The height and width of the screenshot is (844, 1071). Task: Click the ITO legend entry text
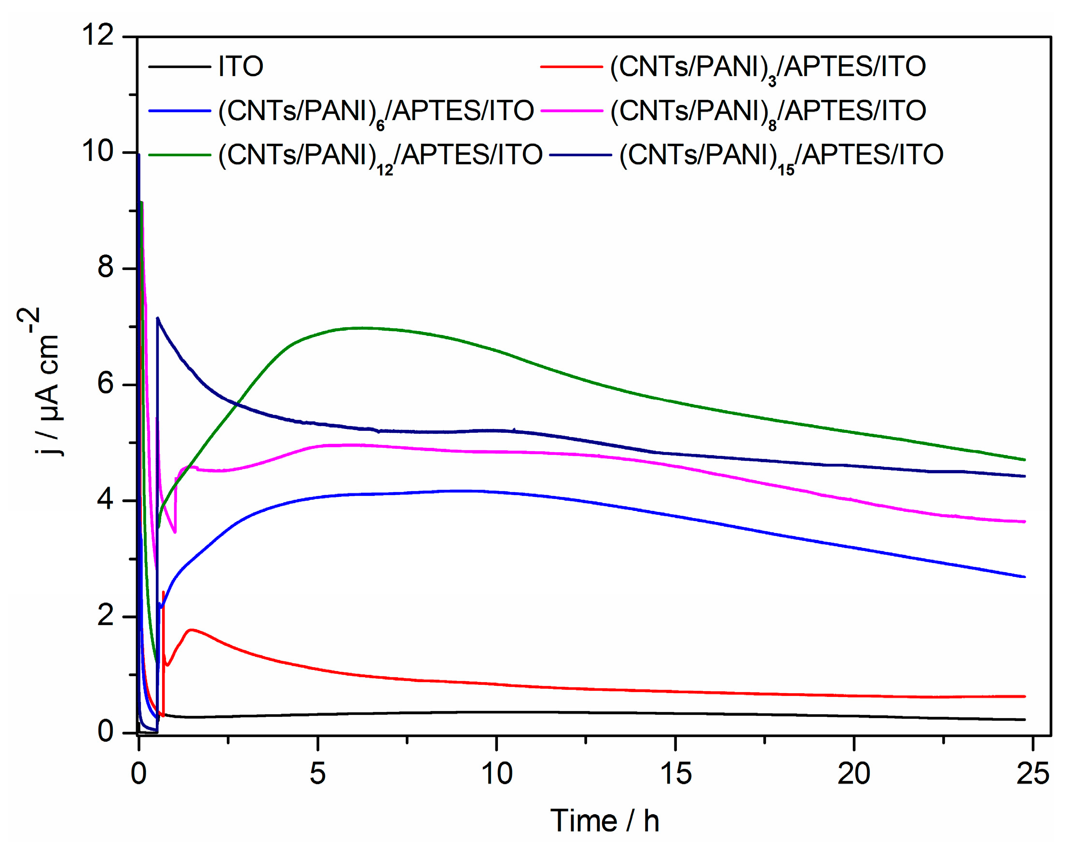(x=240, y=66)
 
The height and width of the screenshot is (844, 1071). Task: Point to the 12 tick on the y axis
(x=98, y=36)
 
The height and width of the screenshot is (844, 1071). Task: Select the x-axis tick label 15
(x=675, y=773)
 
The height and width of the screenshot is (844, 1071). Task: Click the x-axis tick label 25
(x=1033, y=773)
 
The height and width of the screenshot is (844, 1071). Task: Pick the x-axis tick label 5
(x=318, y=773)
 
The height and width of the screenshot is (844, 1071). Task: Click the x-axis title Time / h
(x=604, y=821)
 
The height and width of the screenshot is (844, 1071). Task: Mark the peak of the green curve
(x=363, y=328)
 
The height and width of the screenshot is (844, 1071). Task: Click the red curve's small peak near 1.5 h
(x=192, y=629)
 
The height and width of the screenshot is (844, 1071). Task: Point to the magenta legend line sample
(x=572, y=111)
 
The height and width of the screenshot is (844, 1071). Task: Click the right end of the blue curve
(x=1025, y=576)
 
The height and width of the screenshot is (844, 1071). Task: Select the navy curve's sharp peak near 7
(x=158, y=318)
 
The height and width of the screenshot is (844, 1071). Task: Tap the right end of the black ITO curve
(x=1025, y=720)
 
